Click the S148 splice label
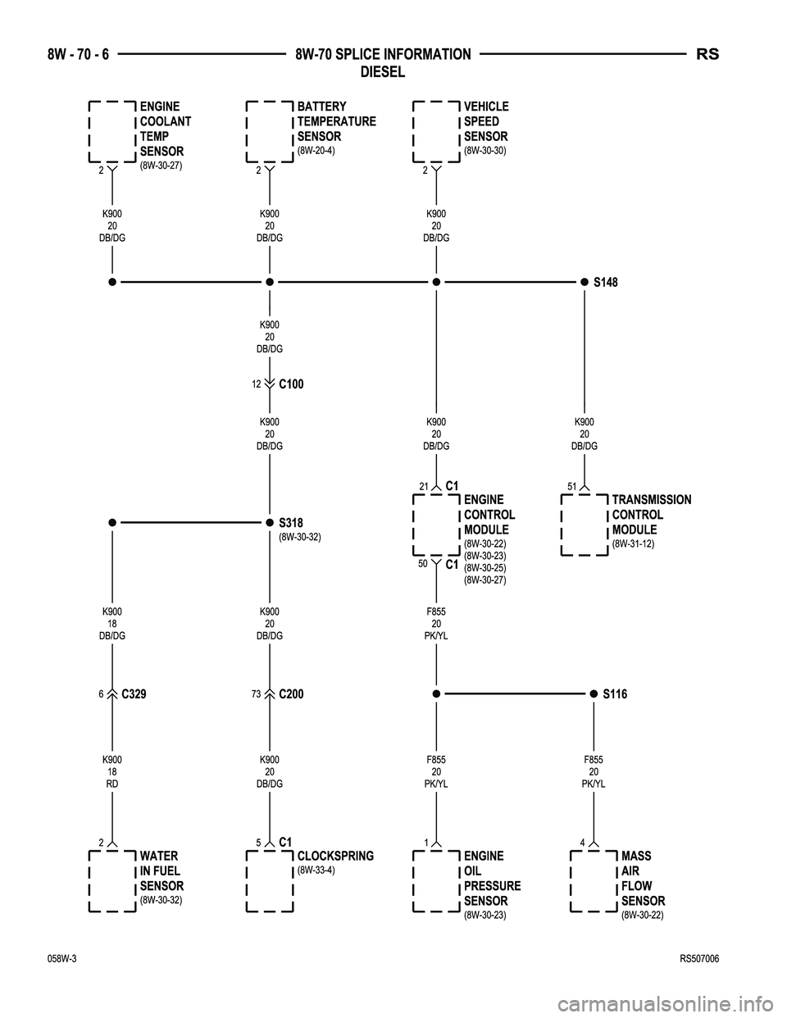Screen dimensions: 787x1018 click(x=605, y=282)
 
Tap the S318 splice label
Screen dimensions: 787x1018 click(x=291, y=522)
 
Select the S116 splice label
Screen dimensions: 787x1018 click(x=615, y=693)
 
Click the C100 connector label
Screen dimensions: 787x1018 click(x=291, y=384)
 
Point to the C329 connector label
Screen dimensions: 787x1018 click(x=134, y=693)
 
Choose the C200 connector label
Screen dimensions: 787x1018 click(x=291, y=693)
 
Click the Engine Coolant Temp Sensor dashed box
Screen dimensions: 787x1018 click(x=112, y=132)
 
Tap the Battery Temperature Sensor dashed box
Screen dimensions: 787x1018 click(x=270, y=132)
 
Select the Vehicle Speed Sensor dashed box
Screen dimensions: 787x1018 click(x=436, y=132)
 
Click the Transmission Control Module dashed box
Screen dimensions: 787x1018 click(x=585, y=525)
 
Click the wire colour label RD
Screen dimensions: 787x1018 click(x=112, y=784)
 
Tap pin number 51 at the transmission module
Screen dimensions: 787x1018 click(x=571, y=487)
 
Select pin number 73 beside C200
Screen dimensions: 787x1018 click(x=256, y=693)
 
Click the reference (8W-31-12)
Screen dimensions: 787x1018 click(x=633, y=544)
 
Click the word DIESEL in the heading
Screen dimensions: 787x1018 click(x=383, y=72)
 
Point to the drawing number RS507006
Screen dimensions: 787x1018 click(x=699, y=959)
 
